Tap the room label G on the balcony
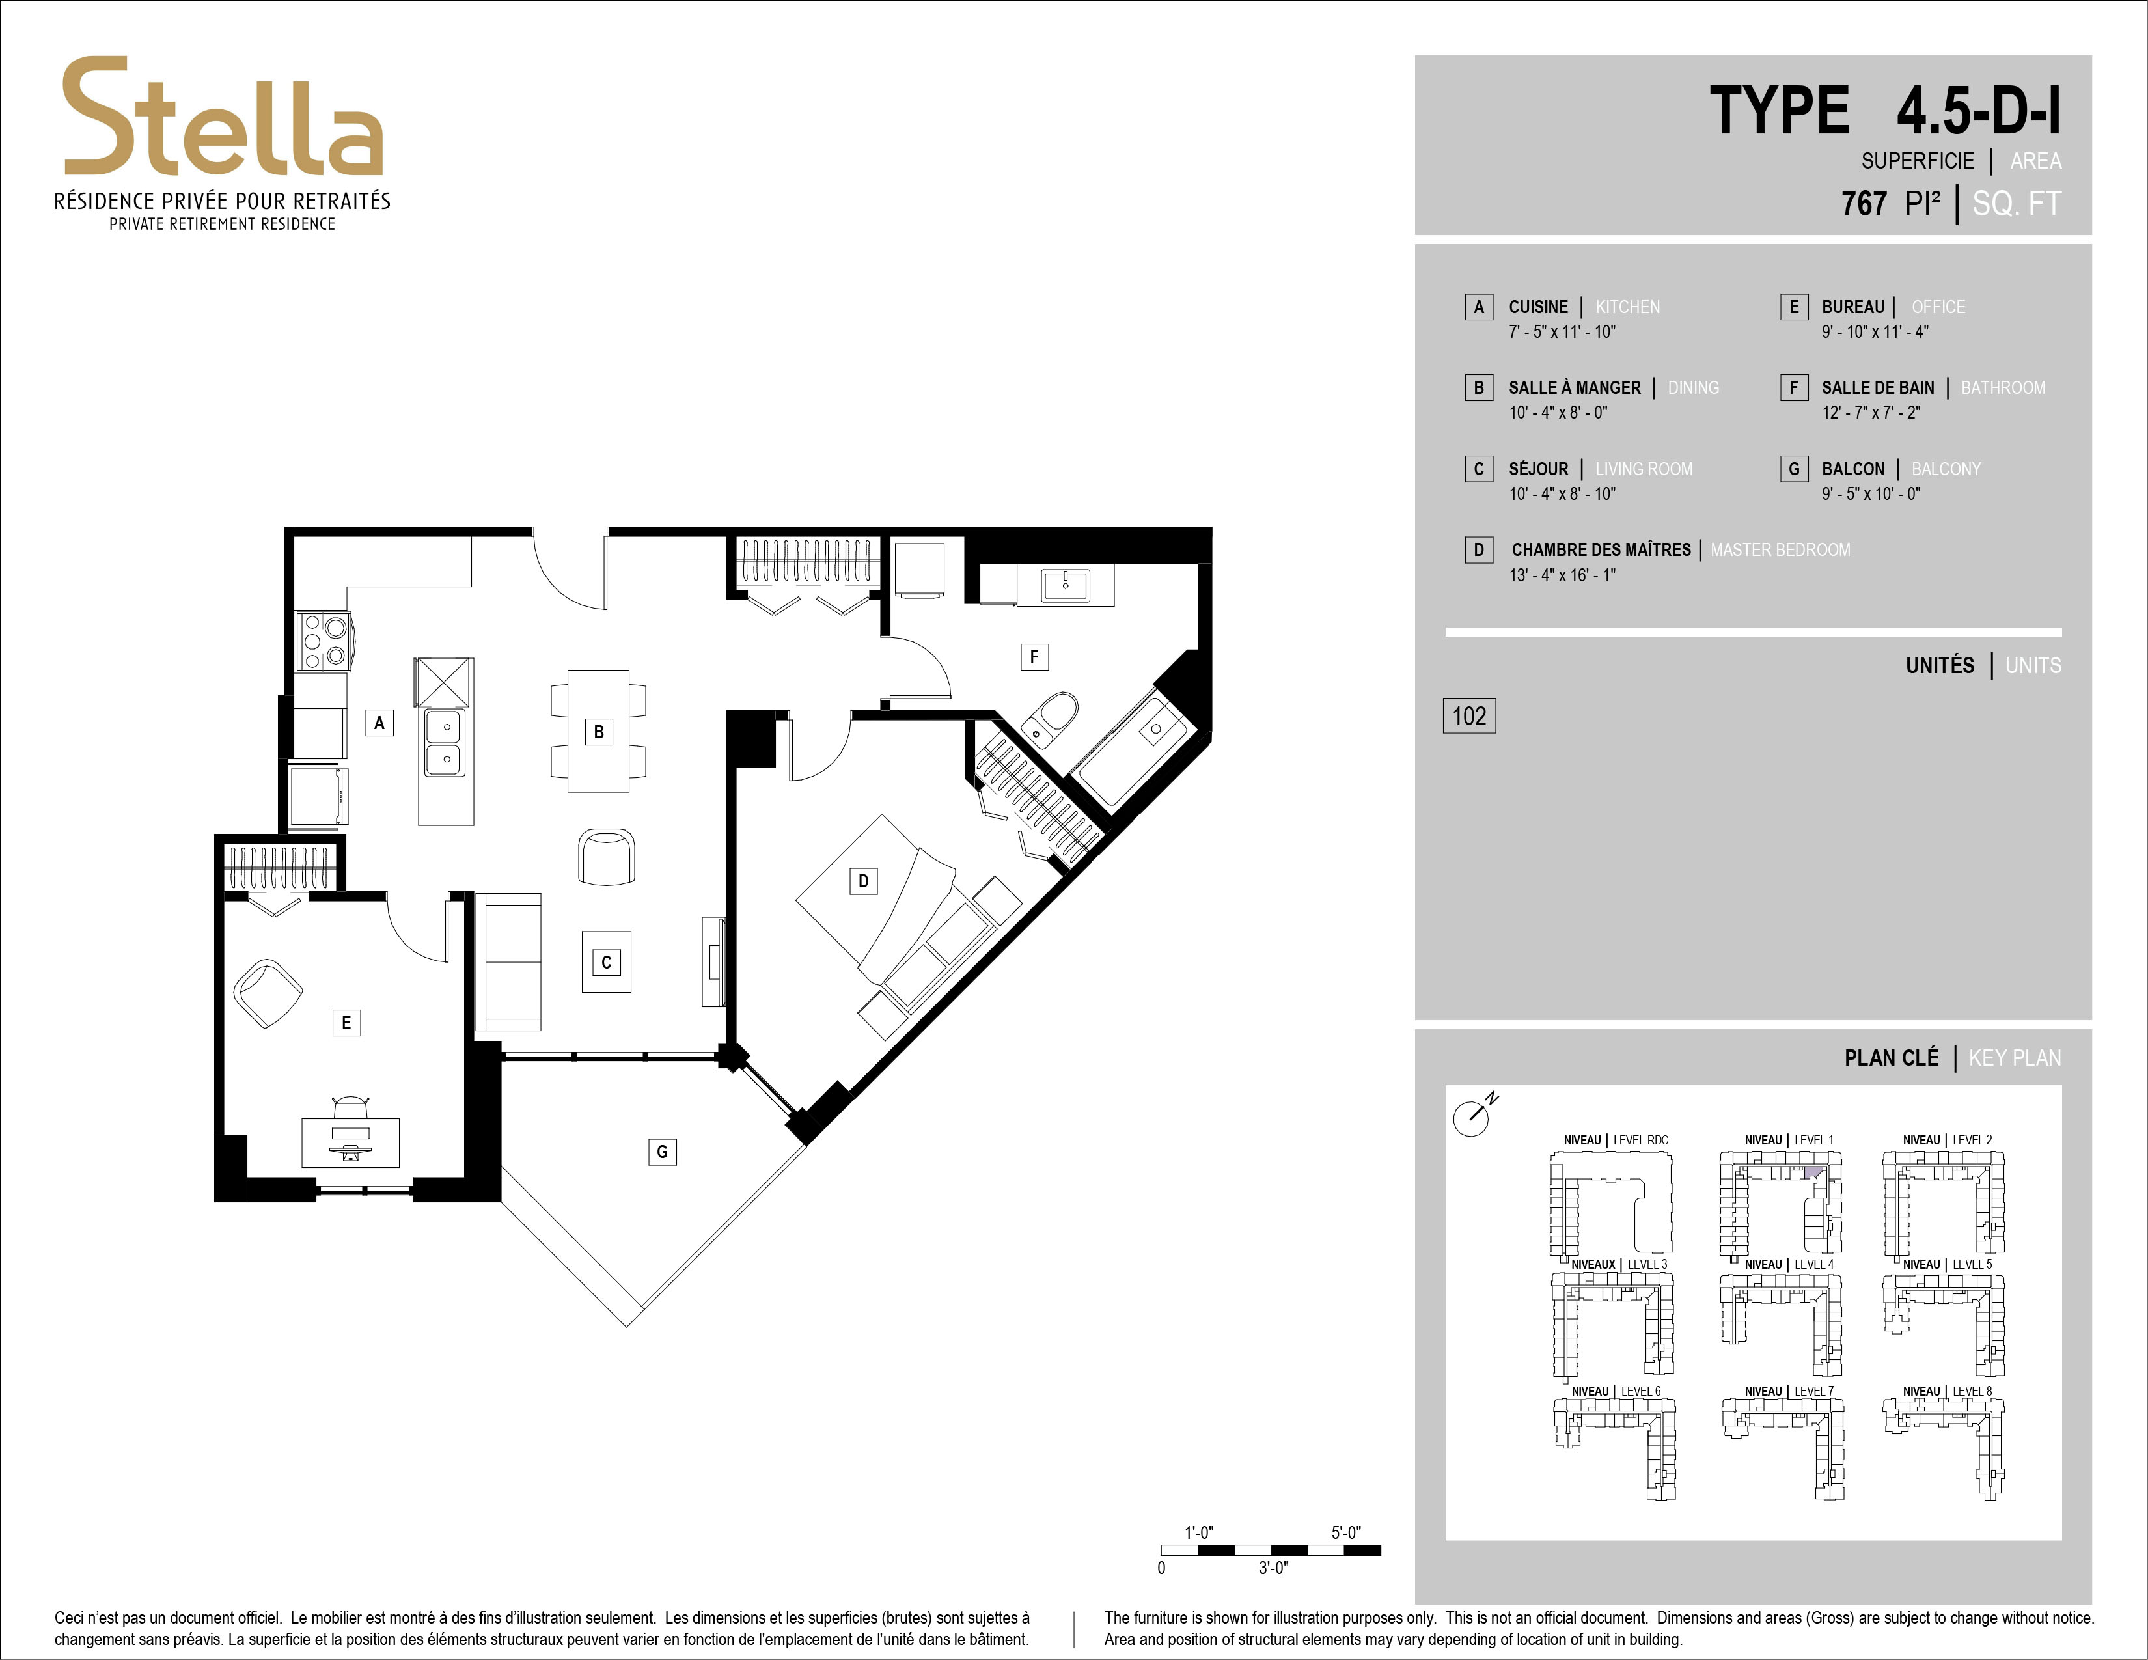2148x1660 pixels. coord(662,1152)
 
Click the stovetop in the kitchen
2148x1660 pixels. coord(324,641)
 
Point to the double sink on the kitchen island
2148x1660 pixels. coord(445,743)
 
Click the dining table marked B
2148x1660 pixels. coord(598,730)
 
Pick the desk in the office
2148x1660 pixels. coord(350,1141)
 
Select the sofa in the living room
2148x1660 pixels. coord(508,961)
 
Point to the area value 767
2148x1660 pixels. coord(1864,204)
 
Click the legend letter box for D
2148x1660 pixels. coord(1478,549)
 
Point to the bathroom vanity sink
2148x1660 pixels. coord(1065,585)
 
